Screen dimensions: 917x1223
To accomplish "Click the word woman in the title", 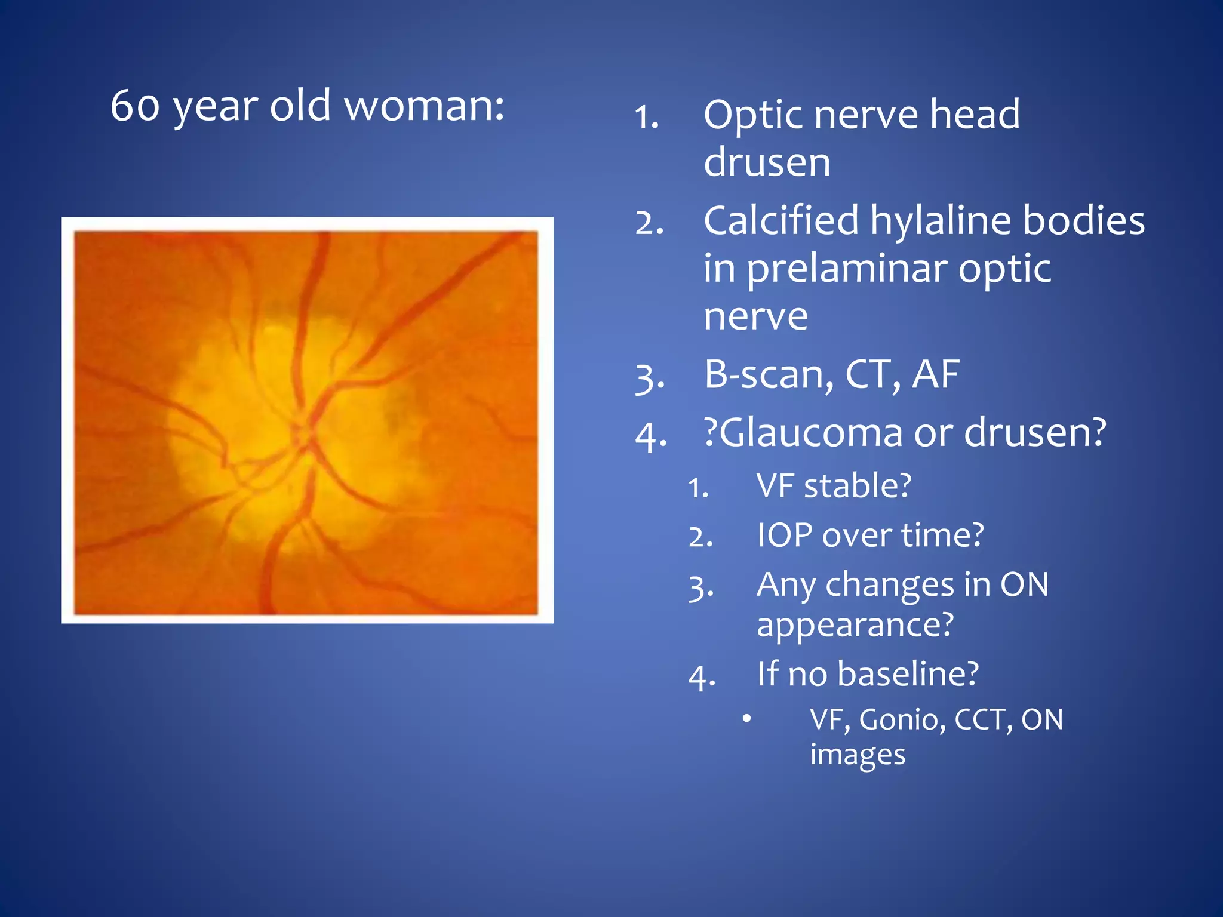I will [424, 106].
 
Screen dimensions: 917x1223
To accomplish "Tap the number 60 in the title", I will [135, 106].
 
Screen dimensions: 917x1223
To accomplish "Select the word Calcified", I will [781, 221].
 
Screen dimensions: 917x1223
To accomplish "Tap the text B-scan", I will [768, 376].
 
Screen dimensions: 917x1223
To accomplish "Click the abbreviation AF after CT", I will [935, 375].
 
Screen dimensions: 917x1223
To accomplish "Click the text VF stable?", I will [834, 485].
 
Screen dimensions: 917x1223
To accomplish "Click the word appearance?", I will [855, 624].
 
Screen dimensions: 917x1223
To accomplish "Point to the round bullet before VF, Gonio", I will [746, 718].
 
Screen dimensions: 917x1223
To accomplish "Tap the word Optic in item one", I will [753, 115].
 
